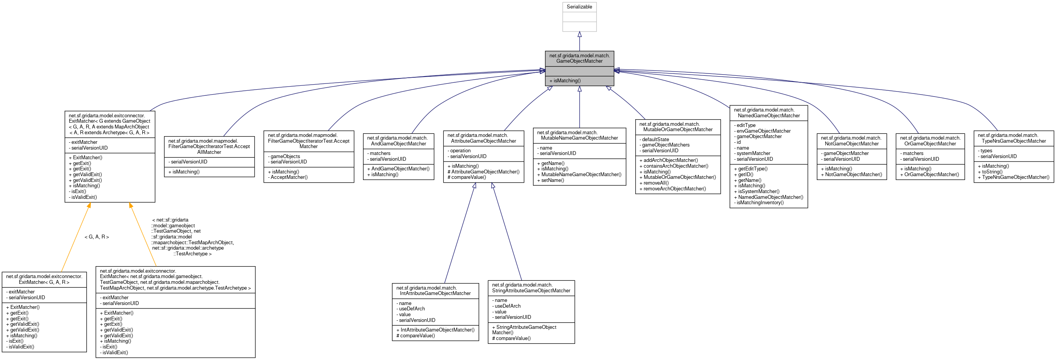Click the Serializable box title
click(x=579, y=7)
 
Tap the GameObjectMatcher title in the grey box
click(x=579, y=58)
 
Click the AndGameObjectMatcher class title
click(x=398, y=141)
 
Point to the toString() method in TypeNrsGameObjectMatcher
click(x=992, y=172)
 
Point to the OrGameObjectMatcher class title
click(x=930, y=141)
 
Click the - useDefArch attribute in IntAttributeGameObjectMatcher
click(x=411, y=309)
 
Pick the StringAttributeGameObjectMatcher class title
click(x=531, y=288)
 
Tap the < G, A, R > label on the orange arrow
click(x=97, y=237)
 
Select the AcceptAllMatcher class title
click(x=209, y=147)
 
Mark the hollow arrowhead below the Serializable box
click(x=579, y=35)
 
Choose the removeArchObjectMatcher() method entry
click(x=673, y=189)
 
